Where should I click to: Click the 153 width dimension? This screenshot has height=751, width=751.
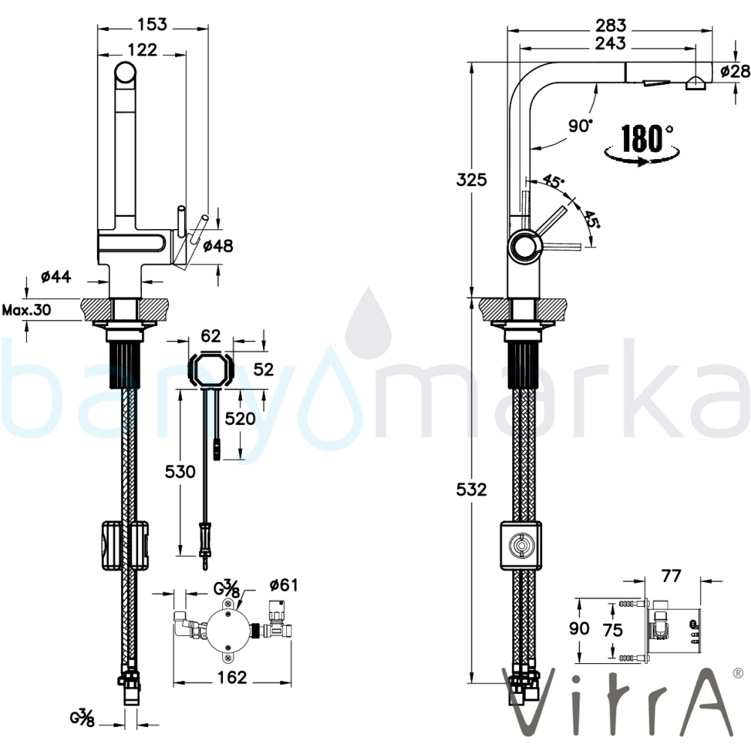(x=152, y=24)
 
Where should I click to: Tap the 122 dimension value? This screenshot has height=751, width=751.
(x=143, y=50)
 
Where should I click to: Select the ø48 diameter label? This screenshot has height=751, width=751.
(x=218, y=246)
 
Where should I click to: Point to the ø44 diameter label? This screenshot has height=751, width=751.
(x=56, y=276)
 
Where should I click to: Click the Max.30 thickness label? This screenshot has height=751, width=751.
(x=27, y=310)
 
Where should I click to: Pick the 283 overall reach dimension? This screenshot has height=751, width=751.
(x=611, y=25)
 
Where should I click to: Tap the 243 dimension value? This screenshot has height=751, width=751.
(x=611, y=43)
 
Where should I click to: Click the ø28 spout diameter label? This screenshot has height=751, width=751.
(x=735, y=71)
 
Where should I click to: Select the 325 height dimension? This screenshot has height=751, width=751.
(x=472, y=180)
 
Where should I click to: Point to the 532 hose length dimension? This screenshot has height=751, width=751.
(x=472, y=490)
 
